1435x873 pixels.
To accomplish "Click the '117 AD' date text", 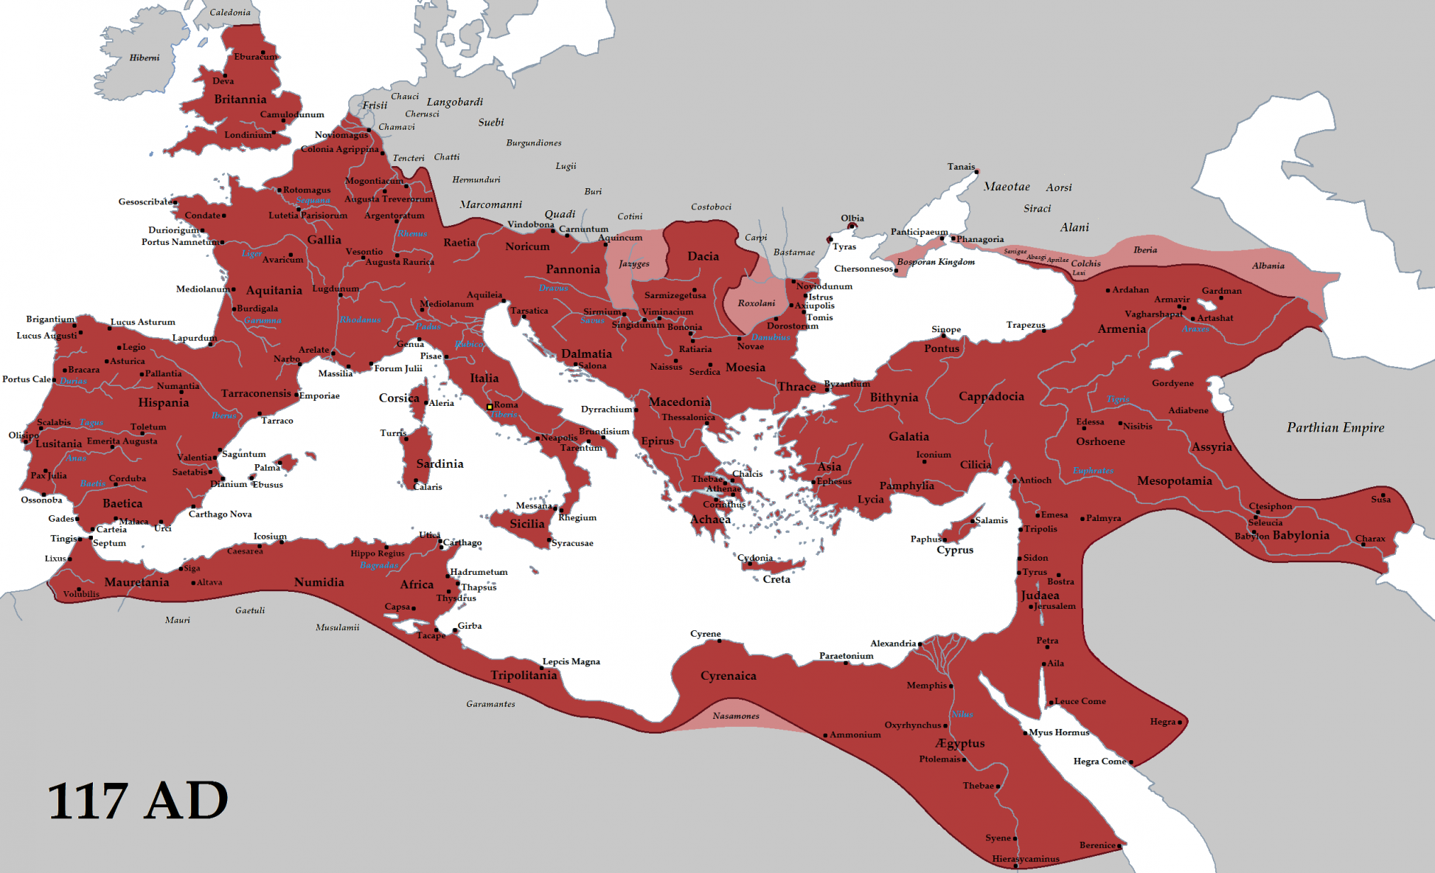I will (138, 801).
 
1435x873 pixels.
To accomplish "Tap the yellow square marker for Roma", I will (490, 407).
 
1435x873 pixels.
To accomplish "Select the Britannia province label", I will (240, 100).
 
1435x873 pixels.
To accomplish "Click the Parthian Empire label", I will (1335, 428).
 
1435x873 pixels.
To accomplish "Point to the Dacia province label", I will (703, 256).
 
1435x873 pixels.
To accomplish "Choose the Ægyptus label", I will (959, 743).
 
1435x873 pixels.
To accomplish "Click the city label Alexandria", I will (892, 643).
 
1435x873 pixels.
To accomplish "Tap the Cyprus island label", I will (954, 550).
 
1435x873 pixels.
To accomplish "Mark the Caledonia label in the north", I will (229, 13).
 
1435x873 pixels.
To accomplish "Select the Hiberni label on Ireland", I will (145, 58).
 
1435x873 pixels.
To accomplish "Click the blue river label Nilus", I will (962, 714).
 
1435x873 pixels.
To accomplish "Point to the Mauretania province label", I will (136, 582).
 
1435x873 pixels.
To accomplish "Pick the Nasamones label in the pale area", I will (735, 716).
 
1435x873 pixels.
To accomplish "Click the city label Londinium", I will (248, 135).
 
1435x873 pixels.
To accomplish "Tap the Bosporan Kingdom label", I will (935, 262).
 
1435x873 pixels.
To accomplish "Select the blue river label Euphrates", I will (1093, 471).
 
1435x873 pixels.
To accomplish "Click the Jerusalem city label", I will (1055, 607).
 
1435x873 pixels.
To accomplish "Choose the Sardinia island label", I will (439, 464).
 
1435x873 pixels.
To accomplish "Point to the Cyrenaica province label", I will (728, 676).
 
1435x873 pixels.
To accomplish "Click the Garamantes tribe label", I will (490, 704).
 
